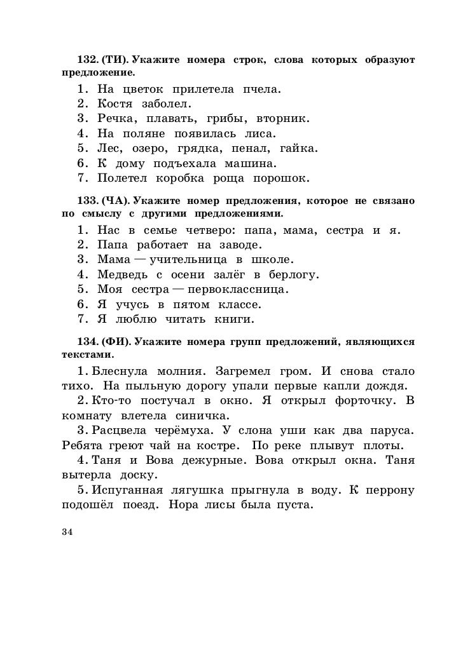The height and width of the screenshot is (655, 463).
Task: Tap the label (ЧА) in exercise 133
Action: click(116, 201)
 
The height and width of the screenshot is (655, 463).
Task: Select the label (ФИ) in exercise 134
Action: click(116, 342)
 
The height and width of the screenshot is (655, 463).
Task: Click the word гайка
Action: click(298, 149)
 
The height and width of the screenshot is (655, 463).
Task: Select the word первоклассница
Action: click(237, 290)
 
